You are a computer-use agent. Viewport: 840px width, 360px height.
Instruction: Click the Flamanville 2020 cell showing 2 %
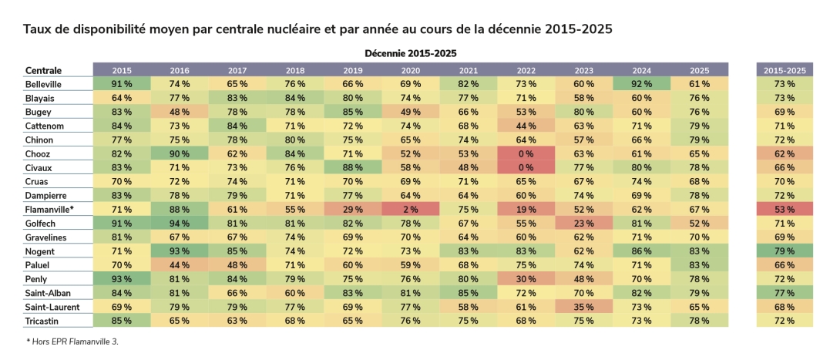411,209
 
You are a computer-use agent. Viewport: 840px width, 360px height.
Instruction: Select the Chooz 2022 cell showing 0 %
526,153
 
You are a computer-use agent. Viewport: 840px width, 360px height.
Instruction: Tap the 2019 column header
353,70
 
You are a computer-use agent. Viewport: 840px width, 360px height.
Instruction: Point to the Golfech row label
41,223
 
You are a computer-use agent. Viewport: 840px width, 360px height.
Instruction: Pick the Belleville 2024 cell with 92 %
642,84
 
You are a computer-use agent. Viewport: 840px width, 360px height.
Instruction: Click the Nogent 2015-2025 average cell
784,251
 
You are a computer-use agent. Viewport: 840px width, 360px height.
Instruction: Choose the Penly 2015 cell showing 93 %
122,278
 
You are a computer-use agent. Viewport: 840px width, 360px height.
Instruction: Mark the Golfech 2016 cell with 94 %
180,223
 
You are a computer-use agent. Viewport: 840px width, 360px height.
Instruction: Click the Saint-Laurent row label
51,306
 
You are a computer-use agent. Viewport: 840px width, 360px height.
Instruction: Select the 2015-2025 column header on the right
784,70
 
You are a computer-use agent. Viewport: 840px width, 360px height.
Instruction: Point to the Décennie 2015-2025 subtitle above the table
410,53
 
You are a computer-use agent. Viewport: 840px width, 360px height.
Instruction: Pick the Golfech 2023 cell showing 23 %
584,223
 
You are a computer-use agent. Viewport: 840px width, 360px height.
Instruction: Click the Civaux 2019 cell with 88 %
353,167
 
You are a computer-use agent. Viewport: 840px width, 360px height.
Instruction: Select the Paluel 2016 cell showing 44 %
180,264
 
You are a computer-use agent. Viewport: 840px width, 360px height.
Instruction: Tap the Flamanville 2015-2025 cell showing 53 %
784,209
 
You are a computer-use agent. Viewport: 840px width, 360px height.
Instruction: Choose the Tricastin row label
43,320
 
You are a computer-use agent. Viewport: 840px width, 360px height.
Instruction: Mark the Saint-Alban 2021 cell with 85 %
469,292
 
